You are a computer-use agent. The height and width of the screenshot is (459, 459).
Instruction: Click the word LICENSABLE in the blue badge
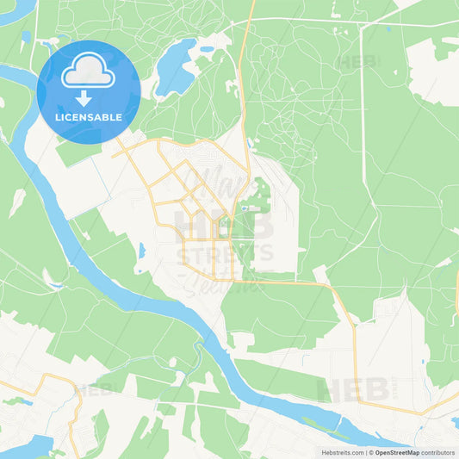[x=89, y=117]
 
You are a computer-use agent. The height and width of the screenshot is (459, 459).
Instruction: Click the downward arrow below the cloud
[x=84, y=98]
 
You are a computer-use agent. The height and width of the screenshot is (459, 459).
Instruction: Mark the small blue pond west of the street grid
[x=141, y=251]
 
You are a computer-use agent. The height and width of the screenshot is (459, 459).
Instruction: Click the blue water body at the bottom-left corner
[x=26, y=446]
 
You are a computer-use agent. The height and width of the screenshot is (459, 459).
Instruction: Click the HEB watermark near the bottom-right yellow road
[x=353, y=389]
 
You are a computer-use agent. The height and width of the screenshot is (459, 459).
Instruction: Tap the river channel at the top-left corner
[x=17, y=10]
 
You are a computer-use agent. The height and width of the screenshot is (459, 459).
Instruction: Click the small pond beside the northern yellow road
[x=249, y=143]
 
